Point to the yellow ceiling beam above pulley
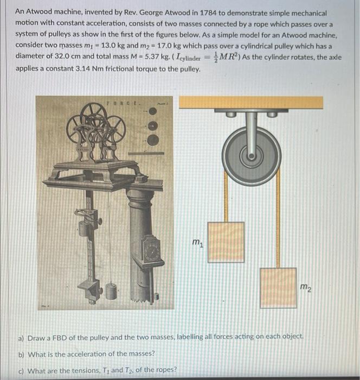tap(251, 102)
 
